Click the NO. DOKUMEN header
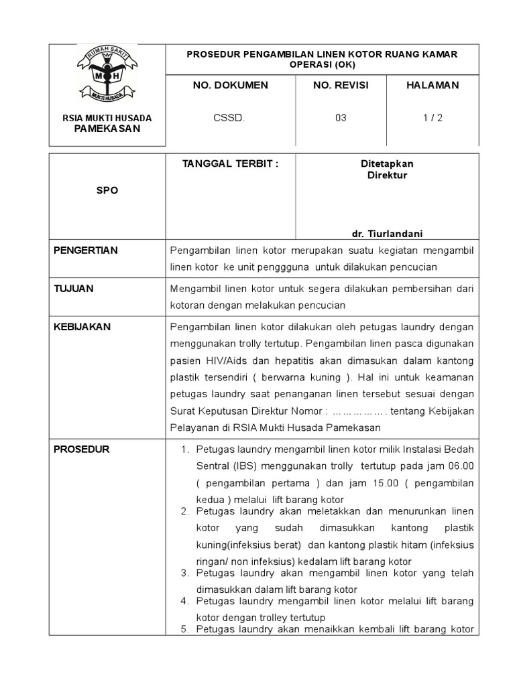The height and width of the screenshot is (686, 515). [x=230, y=85]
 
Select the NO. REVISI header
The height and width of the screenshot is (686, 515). [x=341, y=85]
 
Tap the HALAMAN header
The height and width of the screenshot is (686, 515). [x=433, y=85]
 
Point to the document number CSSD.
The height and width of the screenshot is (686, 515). [x=229, y=118]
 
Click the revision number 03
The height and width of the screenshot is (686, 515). [x=341, y=118]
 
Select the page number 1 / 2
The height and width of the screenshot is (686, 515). [x=433, y=118]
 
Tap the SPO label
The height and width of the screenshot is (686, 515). [x=107, y=190]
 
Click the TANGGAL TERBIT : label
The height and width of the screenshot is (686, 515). [x=230, y=164]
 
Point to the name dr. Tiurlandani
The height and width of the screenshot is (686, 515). [x=387, y=233]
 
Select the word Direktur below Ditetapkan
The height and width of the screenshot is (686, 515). [x=387, y=176]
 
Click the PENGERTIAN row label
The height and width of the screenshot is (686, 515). [x=85, y=251]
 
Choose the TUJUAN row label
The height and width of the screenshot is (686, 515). [x=74, y=289]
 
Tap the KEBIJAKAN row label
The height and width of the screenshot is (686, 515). [x=82, y=327]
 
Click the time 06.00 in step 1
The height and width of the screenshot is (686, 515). [x=460, y=466]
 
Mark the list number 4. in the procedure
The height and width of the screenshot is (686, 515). [x=186, y=601]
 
